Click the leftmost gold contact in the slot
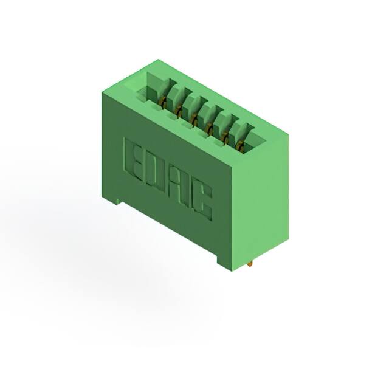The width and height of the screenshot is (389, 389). click(165, 100)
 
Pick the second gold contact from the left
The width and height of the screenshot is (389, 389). click(180, 110)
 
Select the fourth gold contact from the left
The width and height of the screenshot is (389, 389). click(210, 128)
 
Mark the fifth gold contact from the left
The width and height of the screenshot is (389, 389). click(225, 137)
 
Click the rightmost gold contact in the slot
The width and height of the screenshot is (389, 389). click(240, 146)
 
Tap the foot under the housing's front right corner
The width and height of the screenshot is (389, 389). click(222, 258)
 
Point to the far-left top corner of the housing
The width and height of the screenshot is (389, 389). click(101, 93)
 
